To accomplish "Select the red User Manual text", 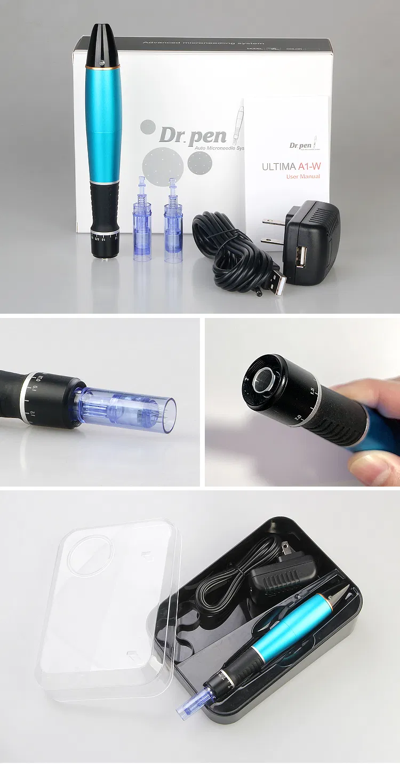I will pyautogui.click(x=303, y=177).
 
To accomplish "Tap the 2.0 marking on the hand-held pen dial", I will pyautogui.click(x=298, y=417).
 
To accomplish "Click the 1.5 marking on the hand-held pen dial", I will pyautogui.click(x=311, y=391).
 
